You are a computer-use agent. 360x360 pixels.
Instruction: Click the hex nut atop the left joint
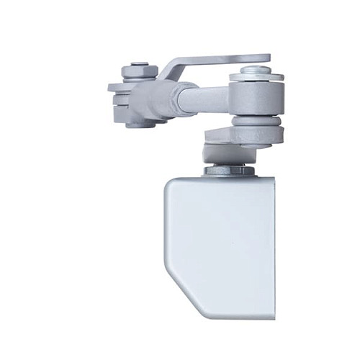(x=139, y=71)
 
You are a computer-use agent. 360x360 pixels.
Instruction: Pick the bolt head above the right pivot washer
(x=255, y=70)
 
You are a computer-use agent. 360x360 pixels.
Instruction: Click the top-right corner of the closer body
(x=272, y=180)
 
